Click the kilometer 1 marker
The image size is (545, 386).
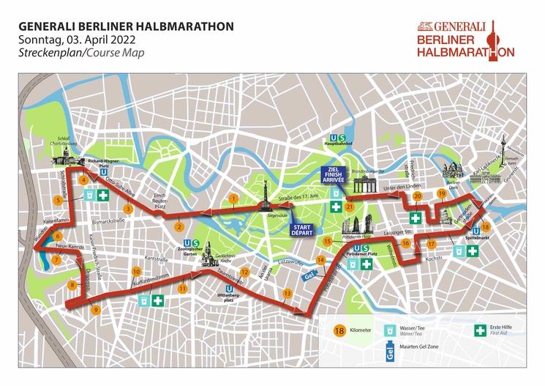coord(233,198)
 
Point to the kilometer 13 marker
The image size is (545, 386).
coord(287,293)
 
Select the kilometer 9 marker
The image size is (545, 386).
coord(96,310)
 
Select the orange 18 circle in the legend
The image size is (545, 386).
coord(339,331)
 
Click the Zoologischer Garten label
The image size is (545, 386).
coord(192,253)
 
